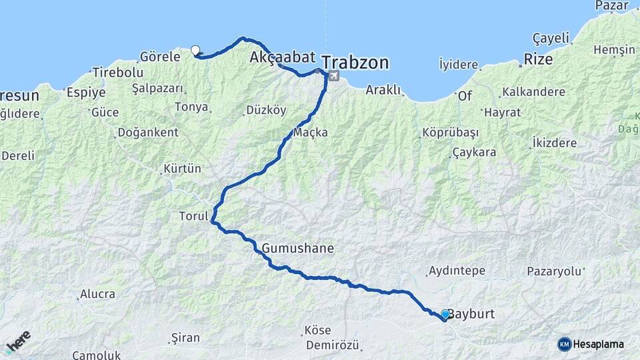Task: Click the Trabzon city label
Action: tap(356, 63)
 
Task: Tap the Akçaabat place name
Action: tap(282, 57)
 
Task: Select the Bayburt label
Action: tap(471, 313)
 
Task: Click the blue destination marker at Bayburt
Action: tap(445, 314)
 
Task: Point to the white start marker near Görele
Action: tap(195, 49)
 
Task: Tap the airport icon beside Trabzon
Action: tap(333, 76)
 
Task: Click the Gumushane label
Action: tap(297, 248)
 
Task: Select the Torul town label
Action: tap(193, 216)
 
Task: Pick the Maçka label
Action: tap(311, 133)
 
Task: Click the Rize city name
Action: tap(538, 59)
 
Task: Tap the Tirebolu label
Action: tap(118, 72)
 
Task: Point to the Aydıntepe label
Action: tap(457, 271)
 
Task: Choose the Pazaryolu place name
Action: tap(554, 271)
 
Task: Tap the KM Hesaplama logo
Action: tap(591, 344)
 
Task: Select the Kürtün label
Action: tap(183, 169)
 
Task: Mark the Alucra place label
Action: tap(97, 293)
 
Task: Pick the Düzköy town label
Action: tap(266, 109)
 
